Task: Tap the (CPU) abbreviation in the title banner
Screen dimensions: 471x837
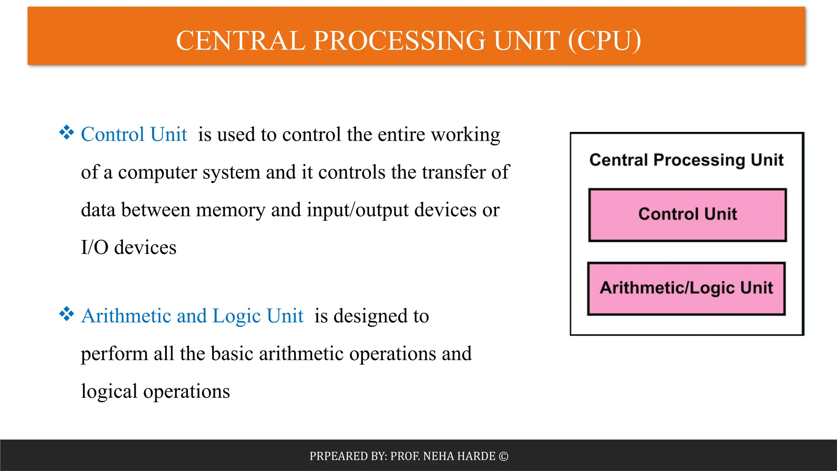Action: (604, 41)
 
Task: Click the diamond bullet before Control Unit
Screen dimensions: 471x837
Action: (66, 133)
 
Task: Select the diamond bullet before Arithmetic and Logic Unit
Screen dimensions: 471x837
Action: (66, 314)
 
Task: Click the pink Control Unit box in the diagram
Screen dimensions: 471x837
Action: (687, 215)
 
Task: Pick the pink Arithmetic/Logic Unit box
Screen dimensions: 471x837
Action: (686, 288)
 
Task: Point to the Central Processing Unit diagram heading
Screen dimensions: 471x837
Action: (686, 160)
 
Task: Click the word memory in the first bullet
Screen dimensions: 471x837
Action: (231, 210)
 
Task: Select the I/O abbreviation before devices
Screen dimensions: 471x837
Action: (94, 248)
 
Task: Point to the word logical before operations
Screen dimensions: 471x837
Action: (109, 392)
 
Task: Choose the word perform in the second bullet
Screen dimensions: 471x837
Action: (114, 354)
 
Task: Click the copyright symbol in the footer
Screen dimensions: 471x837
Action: (504, 456)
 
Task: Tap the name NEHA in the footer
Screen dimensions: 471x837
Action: (438, 456)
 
